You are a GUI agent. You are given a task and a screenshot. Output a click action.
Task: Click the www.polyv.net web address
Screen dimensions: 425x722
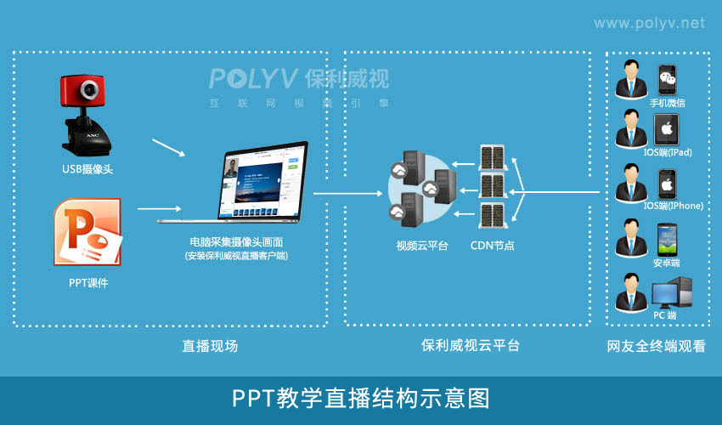(649, 23)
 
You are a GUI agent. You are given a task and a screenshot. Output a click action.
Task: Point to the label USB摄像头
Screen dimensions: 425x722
(87, 169)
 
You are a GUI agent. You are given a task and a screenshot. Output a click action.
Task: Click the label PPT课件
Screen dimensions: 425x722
(88, 282)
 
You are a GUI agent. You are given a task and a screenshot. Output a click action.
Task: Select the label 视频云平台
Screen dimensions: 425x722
(421, 246)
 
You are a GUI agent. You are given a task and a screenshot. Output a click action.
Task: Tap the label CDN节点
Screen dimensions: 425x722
(493, 246)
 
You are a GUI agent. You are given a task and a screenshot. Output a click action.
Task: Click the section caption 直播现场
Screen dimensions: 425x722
(210, 346)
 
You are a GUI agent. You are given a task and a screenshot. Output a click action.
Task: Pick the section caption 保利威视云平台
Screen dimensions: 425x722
(470, 346)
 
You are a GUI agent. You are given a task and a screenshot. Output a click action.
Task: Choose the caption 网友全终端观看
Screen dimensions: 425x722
(656, 346)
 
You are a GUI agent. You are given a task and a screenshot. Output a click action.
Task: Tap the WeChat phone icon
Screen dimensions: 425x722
(668, 80)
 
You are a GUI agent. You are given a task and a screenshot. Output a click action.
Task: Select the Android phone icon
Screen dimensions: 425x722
(667, 239)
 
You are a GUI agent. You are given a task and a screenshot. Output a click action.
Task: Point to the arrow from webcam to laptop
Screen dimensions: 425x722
(168, 148)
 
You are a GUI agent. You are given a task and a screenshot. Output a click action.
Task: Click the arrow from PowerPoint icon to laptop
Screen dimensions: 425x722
(159, 207)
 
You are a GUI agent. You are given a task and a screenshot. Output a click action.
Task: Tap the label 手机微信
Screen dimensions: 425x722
(667, 103)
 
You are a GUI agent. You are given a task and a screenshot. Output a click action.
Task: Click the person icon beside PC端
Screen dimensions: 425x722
(629, 292)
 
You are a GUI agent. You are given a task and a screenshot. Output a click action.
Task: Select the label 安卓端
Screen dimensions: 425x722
(666, 263)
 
